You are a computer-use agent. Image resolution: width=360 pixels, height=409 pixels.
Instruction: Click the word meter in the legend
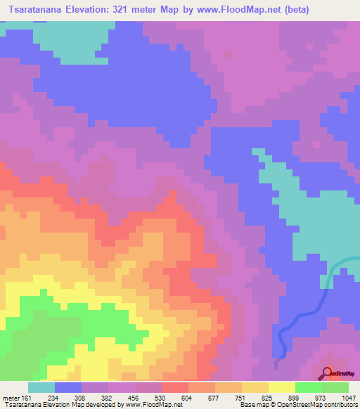coord(11,398)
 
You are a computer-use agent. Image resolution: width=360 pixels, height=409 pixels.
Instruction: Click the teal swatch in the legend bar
coord(41,387)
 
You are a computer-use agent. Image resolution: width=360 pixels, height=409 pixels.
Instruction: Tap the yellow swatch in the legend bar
coord(281,387)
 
